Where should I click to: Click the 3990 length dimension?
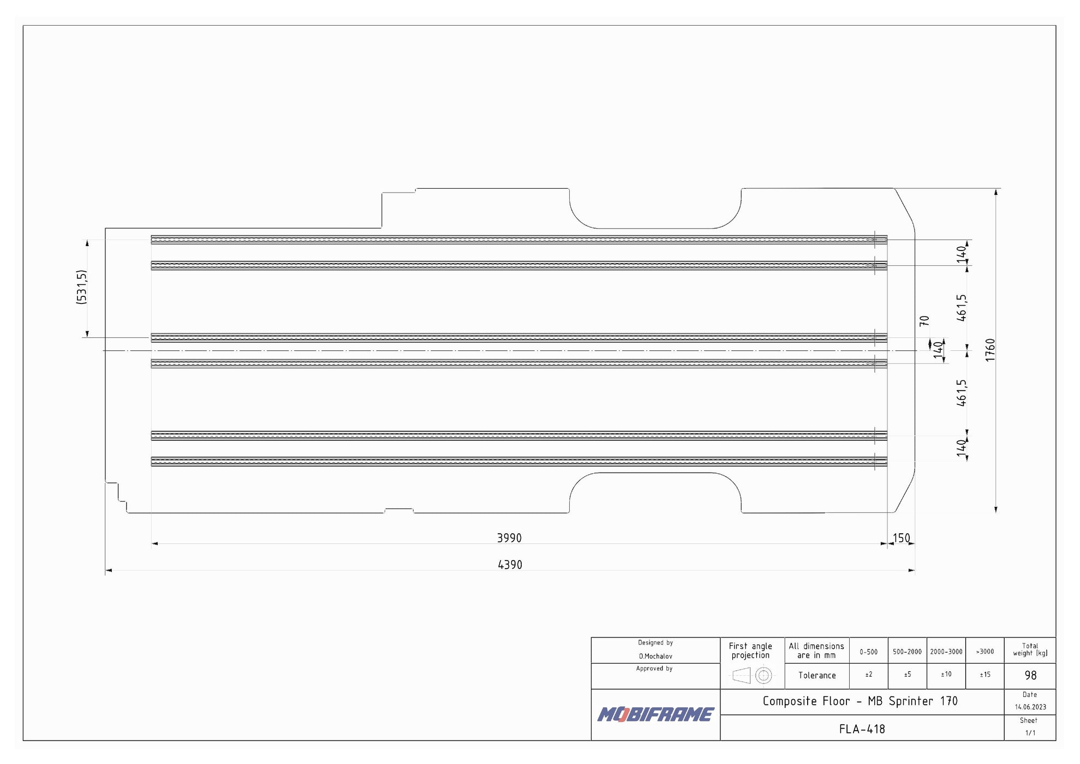pyautogui.click(x=509, y=538)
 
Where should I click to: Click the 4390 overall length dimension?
pyautogui.click(x=510, y=565)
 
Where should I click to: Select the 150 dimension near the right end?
pyautogui.click(x=901, y=538)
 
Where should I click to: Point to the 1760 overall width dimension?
pyautogui.click(x=991, y=350)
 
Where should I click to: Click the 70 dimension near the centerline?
pyautogui.click(x=924, y=321)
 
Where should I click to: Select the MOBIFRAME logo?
pyautogui.click(x=655, y=714)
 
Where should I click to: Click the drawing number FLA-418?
pyautogui.click(x=862, y=729)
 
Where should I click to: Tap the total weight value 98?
pyautogui.click(x=1030, y=676)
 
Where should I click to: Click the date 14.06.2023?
pyautogui.click(x=1030, y=707)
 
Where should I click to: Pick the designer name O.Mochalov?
pyautogui.click(x=655, y=656)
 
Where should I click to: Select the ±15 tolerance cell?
pyautogui.click(x=984, y=675)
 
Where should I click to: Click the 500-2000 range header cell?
pyautogui.click(x=907, y=652)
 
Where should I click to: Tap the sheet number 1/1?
pyautogui.click(x=1030, y=733)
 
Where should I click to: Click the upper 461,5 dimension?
pyautogui.click(x=962, y=308)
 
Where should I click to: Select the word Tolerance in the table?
pyautogui.click(x=817, y=676)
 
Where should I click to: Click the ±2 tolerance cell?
pyautogui.click(x=868, y=675)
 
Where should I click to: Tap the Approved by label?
pyautogui.click(x=654, y=668)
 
